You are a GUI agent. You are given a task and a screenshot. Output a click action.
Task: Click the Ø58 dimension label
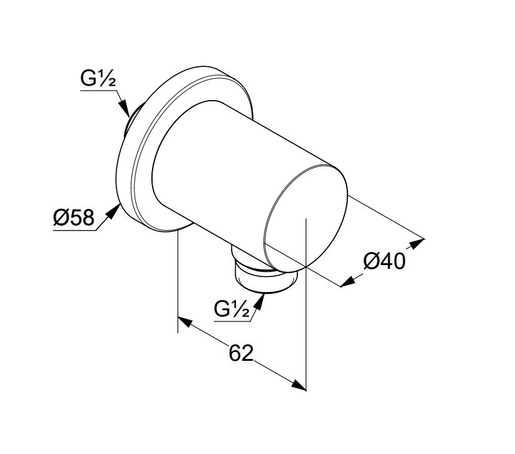click(74, 218)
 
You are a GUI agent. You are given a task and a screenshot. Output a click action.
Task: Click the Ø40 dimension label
click(384, 261)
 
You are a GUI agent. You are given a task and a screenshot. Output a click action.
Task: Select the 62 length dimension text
click(242, 353)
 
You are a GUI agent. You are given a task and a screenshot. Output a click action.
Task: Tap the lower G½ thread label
click(232, 309)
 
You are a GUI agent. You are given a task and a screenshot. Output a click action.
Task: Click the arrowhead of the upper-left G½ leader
click(124, 108)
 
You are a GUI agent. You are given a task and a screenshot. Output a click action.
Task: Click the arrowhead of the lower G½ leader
click(260, 301)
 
